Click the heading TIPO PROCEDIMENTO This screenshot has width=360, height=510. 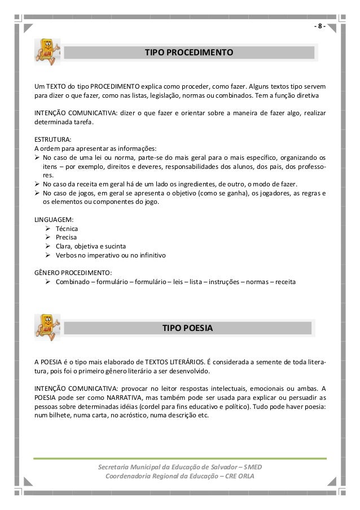point(189,53)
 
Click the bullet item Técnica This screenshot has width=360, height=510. point(67,229)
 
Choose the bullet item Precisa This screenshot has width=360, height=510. point(67,237)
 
